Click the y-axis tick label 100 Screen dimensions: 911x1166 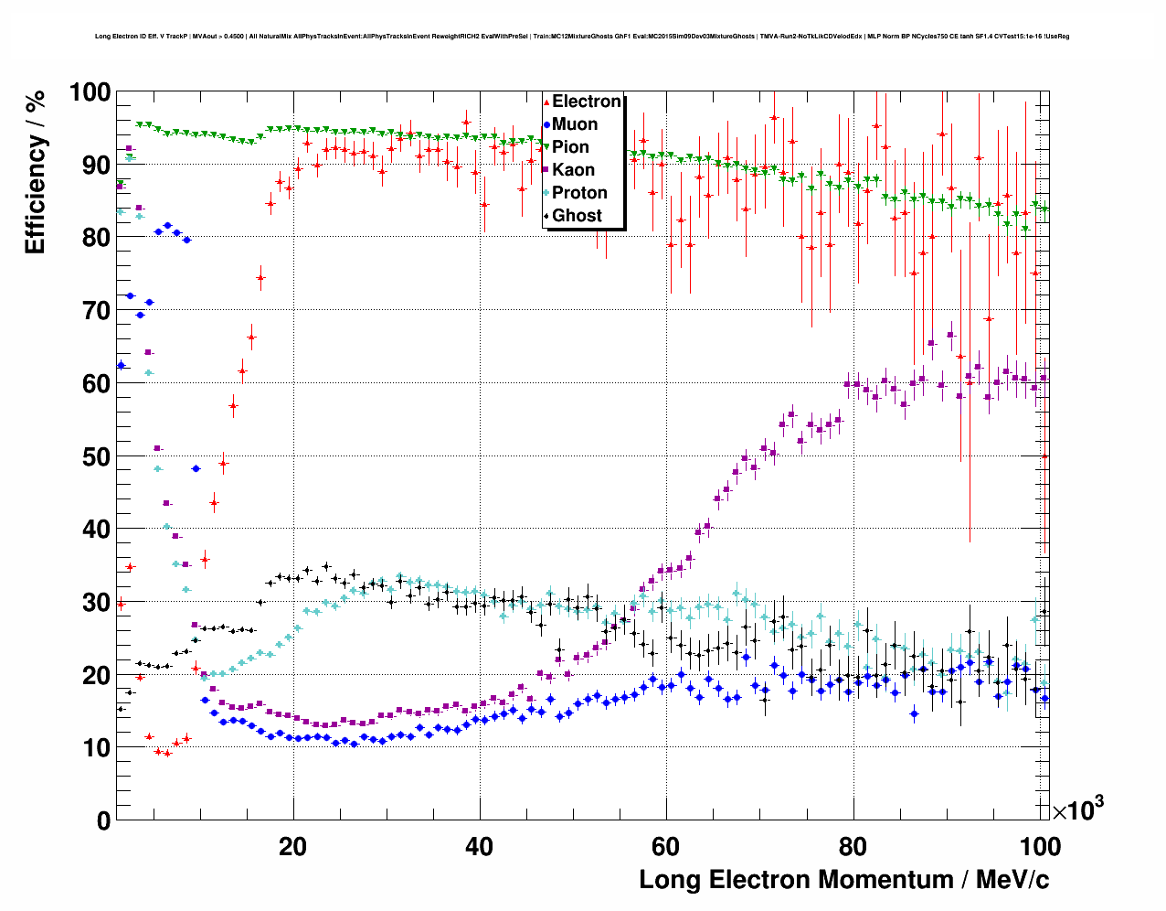click(90, 92)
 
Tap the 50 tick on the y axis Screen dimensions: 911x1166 click(95, 456)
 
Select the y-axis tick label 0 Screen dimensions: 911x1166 click(103, 820)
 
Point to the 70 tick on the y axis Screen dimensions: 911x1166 click(95, 311)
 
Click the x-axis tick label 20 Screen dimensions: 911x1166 click(292, 846)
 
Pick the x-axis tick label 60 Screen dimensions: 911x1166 click(665, 846)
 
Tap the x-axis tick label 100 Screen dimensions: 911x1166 click(1039, 846)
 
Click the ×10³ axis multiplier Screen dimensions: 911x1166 click(1077, 809)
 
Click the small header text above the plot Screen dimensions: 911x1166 click(582, 37)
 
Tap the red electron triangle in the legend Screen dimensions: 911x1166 click(547, 102)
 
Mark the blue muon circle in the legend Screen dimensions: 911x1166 click(547, 125)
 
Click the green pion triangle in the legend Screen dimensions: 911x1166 click(547, 148)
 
